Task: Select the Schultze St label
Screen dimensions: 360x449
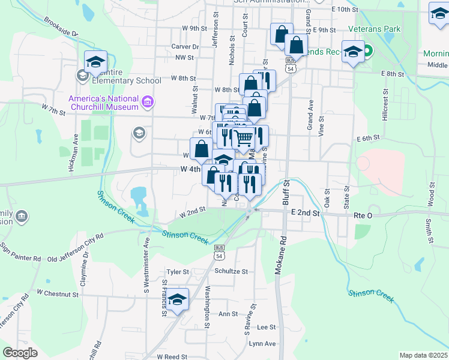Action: tap(231, 271)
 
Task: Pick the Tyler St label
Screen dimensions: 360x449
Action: tap(178, 272)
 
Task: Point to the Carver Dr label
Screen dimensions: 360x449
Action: tap(185, 46)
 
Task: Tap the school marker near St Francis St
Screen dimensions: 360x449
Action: tap(178, 299)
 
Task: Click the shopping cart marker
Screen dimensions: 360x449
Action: tap(243, 138)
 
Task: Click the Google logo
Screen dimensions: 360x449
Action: tap(20, 353)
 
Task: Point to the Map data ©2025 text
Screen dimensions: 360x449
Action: tap(423, 355)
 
